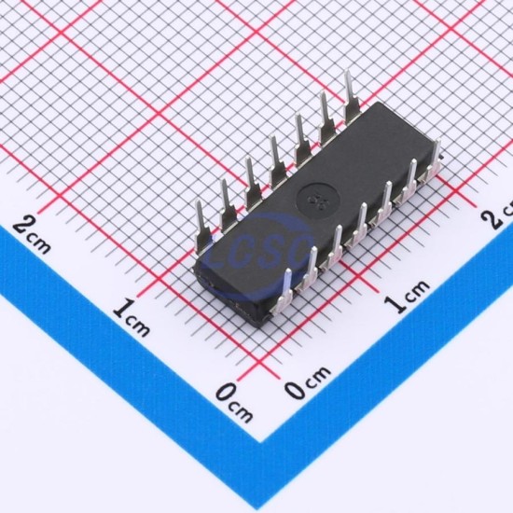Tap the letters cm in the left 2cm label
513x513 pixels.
coord(39,244)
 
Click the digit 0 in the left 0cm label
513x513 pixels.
coord(227,393)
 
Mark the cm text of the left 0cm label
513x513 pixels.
coord(242,412)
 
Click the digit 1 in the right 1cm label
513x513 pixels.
coord(396,304)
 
